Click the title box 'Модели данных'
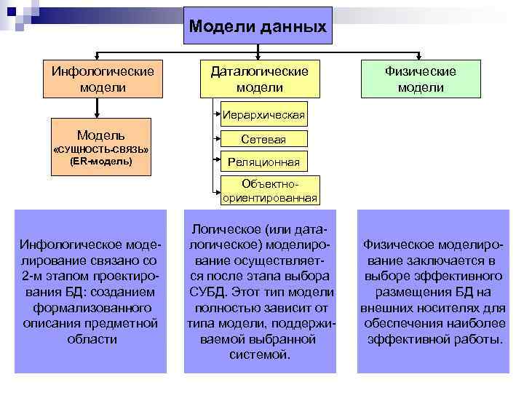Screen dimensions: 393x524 tap(258, 26)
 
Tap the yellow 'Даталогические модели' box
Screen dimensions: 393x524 tap(259, 79)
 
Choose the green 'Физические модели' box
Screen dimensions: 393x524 tap(421, 79)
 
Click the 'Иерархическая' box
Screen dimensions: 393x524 tap(263, 115)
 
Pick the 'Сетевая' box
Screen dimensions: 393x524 tap(263, 139)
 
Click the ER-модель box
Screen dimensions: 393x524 tap(101, 147)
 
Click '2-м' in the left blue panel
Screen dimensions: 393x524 tap(34, 276)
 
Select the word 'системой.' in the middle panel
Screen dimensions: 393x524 tap(260, 355)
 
